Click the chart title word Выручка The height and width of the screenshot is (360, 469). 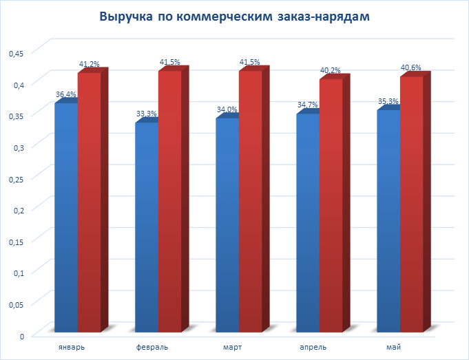click(x=126, y=17)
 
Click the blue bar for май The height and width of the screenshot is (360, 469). click(x=388, y=220)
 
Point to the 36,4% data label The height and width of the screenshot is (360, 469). click(x=66, y=94)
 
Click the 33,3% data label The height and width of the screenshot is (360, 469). click(x=147, y=114)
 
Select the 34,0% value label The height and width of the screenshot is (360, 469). click(x=227, y=109)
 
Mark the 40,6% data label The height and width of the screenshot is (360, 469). click(x=410, y=67)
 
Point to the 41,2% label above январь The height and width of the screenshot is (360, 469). click(x=90, y=64)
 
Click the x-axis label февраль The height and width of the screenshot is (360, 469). click(x=152, y=346)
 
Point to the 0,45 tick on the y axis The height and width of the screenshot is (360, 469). click(x=16, y=53)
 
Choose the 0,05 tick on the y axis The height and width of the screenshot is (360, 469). click(x=16, y=304)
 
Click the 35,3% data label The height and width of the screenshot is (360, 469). click(x=389, y=101)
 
